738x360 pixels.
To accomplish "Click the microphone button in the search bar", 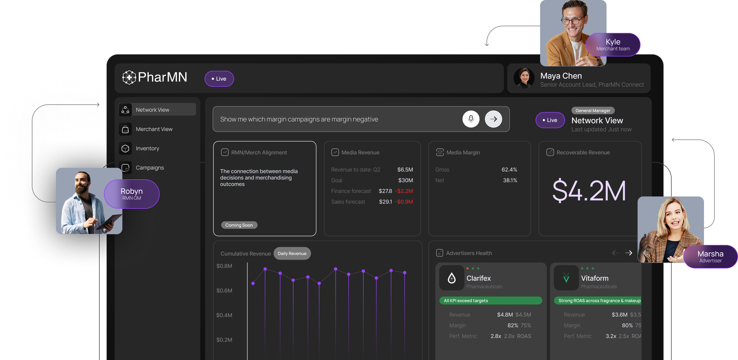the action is pos(471,119).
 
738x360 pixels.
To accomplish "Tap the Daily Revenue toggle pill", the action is pos(292,253).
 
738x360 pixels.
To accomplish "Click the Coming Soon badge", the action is pos(239,225).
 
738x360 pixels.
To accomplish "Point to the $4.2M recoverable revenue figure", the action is pos(589,191).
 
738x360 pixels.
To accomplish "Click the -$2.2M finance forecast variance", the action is pos(404,191).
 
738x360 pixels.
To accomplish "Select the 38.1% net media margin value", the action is pos(510,180).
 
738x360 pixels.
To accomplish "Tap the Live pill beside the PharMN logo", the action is pos(219,79).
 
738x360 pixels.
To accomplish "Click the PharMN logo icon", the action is pos(129,77).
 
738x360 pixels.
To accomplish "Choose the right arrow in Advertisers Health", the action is pos(628,253).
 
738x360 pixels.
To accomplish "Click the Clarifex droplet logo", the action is pos(451,278).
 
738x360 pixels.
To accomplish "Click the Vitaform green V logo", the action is pos(566,278).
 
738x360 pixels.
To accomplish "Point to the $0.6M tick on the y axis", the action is pos(224,291).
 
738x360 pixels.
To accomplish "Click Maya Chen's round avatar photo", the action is pos(524,78).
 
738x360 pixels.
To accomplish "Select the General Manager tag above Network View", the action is pos(593,111).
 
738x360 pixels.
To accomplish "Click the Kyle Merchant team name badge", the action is pos(613,45).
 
